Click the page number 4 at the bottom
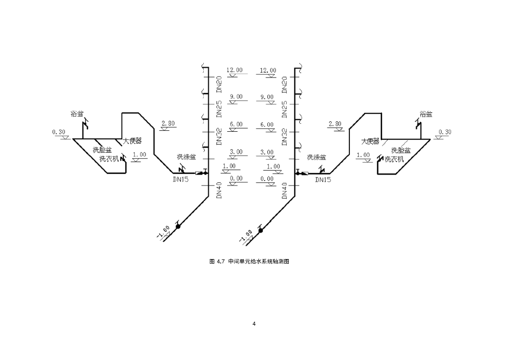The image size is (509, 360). click(x=254, y=324)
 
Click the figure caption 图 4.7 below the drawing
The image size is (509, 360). click(x=249, y=261)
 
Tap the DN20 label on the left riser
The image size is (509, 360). click(x=219, y=85)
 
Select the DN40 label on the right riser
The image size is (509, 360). click(x=284, y=190)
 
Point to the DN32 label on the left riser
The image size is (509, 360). click(x=219, y=136)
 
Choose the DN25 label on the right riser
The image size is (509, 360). click(x=284, y=109)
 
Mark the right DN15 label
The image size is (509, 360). click(x=323, y=180)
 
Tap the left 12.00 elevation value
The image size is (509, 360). click(x=235, y=70)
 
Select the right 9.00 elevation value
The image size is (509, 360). click(x=267, y=97)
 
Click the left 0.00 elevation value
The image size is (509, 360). click(x=236, y=178)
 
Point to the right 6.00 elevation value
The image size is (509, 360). click(x=267, y=124)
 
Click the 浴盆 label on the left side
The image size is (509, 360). click(x=77, y=114)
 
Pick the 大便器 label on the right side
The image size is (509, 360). click(x=370, y=141)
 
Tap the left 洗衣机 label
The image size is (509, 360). click(x=109, y=159)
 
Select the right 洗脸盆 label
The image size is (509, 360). click(x=401, y=150)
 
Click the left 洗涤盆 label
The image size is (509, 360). click(x=186, y=157)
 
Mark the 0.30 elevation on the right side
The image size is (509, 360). click(x=445, y=132)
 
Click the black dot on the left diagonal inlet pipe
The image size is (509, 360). click(x=178, y=227)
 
